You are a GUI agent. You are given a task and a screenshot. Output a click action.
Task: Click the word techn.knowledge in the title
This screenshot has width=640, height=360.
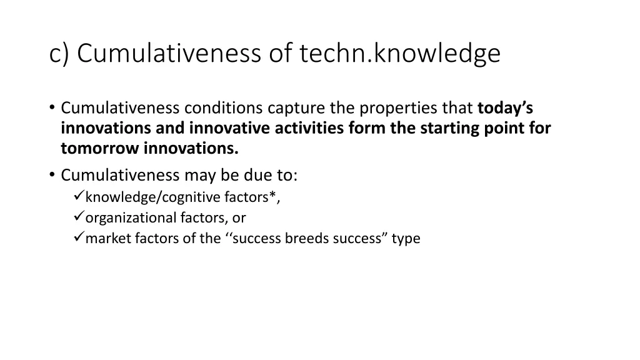coord(400,54)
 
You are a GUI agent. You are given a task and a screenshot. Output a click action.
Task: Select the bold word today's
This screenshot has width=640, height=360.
coord(505,108)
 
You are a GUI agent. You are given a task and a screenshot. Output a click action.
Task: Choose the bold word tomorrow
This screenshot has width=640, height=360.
coord(100,148)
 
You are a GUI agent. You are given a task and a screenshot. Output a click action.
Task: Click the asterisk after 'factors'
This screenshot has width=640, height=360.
coord(273,196)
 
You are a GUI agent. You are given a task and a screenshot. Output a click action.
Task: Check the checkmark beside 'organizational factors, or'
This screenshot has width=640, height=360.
coord(78,217)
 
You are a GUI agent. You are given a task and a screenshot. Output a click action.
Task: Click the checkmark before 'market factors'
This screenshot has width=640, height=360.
coord(78,238)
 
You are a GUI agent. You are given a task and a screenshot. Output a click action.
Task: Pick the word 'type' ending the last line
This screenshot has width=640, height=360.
coord(406,238)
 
